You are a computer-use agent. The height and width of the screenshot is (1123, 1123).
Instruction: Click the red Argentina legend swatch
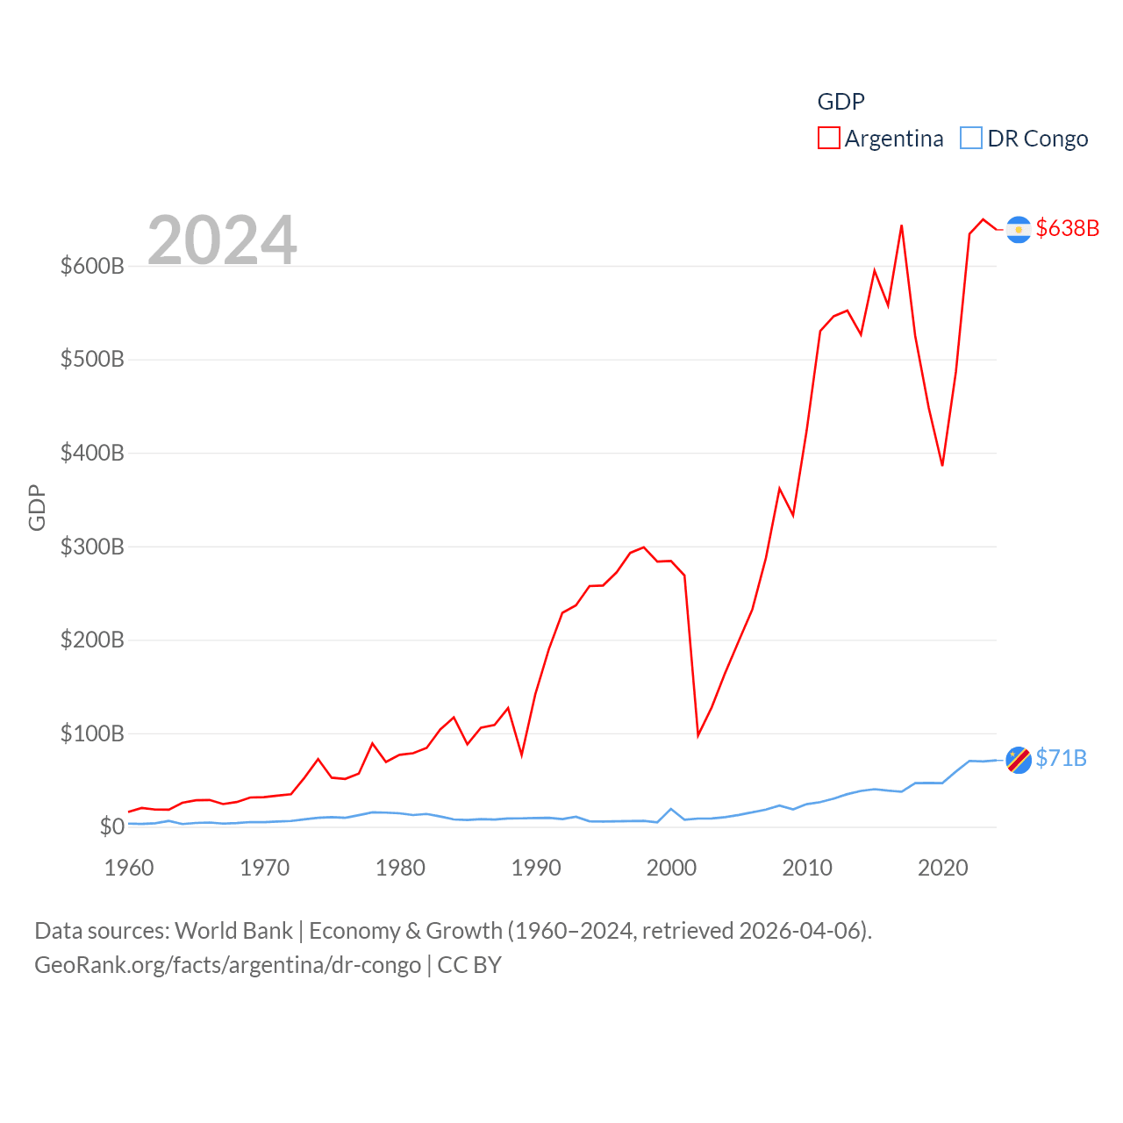tap(828, 139)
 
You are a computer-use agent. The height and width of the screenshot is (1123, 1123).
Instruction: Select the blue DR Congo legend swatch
tap(970, 139)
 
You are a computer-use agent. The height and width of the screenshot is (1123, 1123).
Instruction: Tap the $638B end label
tap(1067, 228)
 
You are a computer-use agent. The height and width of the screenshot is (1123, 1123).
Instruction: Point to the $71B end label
tap(1061, 758)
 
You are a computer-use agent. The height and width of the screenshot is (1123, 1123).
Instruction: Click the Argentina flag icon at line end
tap(1018, 229)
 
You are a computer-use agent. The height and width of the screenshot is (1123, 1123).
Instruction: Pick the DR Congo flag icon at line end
tap(1018, 760)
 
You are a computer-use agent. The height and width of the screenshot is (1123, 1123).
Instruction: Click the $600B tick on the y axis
tap(92, 266)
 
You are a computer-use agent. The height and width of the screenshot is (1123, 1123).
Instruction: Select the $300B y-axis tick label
tap(92, 547)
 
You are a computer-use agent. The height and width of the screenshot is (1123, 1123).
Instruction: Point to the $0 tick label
tap(111, 826)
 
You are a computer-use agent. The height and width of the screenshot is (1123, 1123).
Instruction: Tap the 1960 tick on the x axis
tap(129, 868)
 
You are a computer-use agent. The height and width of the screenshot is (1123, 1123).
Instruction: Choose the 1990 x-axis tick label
tap(536, 868)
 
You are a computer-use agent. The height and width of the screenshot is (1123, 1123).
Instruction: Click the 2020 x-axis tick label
tap(942, 868)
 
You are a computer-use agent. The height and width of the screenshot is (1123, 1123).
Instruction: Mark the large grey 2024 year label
tap(222, 240)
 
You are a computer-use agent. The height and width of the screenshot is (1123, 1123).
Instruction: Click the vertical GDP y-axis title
tap(37, 507)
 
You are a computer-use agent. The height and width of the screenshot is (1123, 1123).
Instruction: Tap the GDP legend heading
tap(840, 102)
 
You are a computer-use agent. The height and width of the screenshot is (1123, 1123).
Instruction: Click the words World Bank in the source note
tap(233, 930)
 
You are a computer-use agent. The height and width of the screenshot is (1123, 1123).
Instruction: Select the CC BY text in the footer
tap(469, 965)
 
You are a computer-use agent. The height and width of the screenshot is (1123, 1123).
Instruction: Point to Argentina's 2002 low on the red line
tap(698, 735)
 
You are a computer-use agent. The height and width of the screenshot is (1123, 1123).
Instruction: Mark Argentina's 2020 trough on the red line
tap(942, 465)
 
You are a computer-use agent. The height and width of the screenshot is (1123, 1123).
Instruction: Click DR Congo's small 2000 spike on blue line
tap(671, 809)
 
